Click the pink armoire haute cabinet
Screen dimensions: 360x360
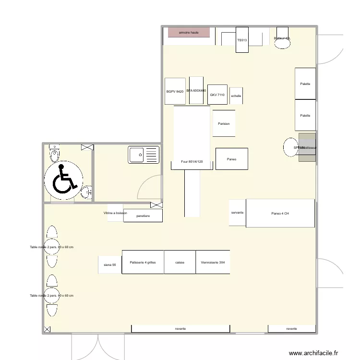(189, 32)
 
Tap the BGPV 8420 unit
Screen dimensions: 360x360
(175, 91)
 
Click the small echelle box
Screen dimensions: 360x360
(236, 96)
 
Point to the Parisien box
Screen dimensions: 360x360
(224, 124)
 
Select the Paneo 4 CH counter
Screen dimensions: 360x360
(280, 213)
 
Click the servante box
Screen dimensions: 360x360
(237, 213)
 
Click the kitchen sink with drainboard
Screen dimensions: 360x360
(144, 155)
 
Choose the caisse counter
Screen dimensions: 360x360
(180, 262)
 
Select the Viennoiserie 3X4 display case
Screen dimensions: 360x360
(213, 262)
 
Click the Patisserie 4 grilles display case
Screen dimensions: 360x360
(143, 262)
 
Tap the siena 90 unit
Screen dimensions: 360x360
(110, 264)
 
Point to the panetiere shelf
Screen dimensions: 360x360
(143, 216)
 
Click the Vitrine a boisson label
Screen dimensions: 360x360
(115, 213)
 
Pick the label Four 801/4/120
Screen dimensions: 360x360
(192, 162)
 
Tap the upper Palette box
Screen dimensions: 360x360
(305, 84)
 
